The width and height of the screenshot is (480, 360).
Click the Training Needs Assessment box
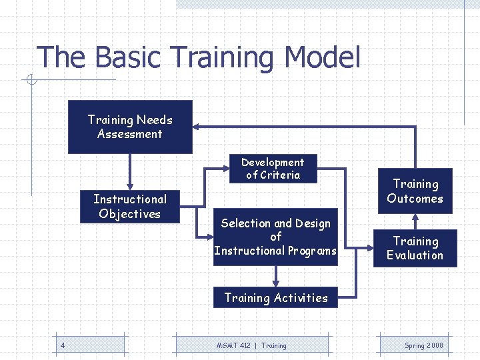coord(130,127)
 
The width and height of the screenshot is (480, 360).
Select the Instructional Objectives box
coord(130,207)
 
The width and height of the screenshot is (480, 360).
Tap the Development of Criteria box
coord(273,169)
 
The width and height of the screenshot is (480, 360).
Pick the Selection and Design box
coord(275,237)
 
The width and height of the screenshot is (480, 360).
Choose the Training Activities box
coord(275,298)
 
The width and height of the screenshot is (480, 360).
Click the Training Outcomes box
coord(415,191)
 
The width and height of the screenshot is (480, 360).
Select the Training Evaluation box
coord(415,248)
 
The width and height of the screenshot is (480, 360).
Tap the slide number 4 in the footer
coord(62,345)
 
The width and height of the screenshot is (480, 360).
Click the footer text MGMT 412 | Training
coord(251,345)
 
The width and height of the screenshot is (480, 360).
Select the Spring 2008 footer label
coord(423,345)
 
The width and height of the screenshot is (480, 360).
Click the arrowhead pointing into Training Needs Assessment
coord(197,127)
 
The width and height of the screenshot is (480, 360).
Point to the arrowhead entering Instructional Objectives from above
coord(130,186)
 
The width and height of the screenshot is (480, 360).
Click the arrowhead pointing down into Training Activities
coord(275,283)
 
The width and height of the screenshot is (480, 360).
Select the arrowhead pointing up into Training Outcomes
coord(415,217)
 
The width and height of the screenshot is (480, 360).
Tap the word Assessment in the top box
coord(130,134)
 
